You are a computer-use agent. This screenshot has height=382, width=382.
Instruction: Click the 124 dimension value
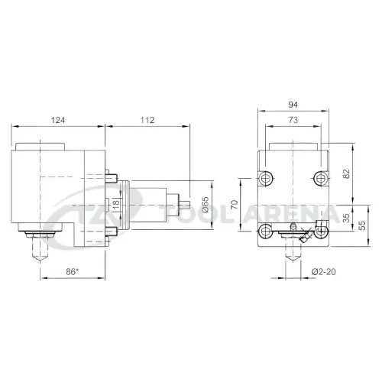click(58, 120)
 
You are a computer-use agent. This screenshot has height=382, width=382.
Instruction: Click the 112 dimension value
click(147, 120)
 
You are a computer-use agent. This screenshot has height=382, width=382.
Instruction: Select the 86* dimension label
click(73, 272)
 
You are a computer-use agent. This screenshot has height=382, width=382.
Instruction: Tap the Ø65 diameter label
click(206, 205)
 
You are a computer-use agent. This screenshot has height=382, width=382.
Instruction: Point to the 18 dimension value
click(116, 205)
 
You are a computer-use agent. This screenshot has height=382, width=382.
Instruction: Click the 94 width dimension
click(293, 105)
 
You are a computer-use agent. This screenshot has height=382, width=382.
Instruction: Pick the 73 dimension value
click(293, 120)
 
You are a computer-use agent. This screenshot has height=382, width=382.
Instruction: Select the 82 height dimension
click(347, 173)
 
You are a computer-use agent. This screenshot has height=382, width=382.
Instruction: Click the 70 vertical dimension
click(235, 205)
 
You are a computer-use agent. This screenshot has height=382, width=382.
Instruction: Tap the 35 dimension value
click(346, 218)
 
